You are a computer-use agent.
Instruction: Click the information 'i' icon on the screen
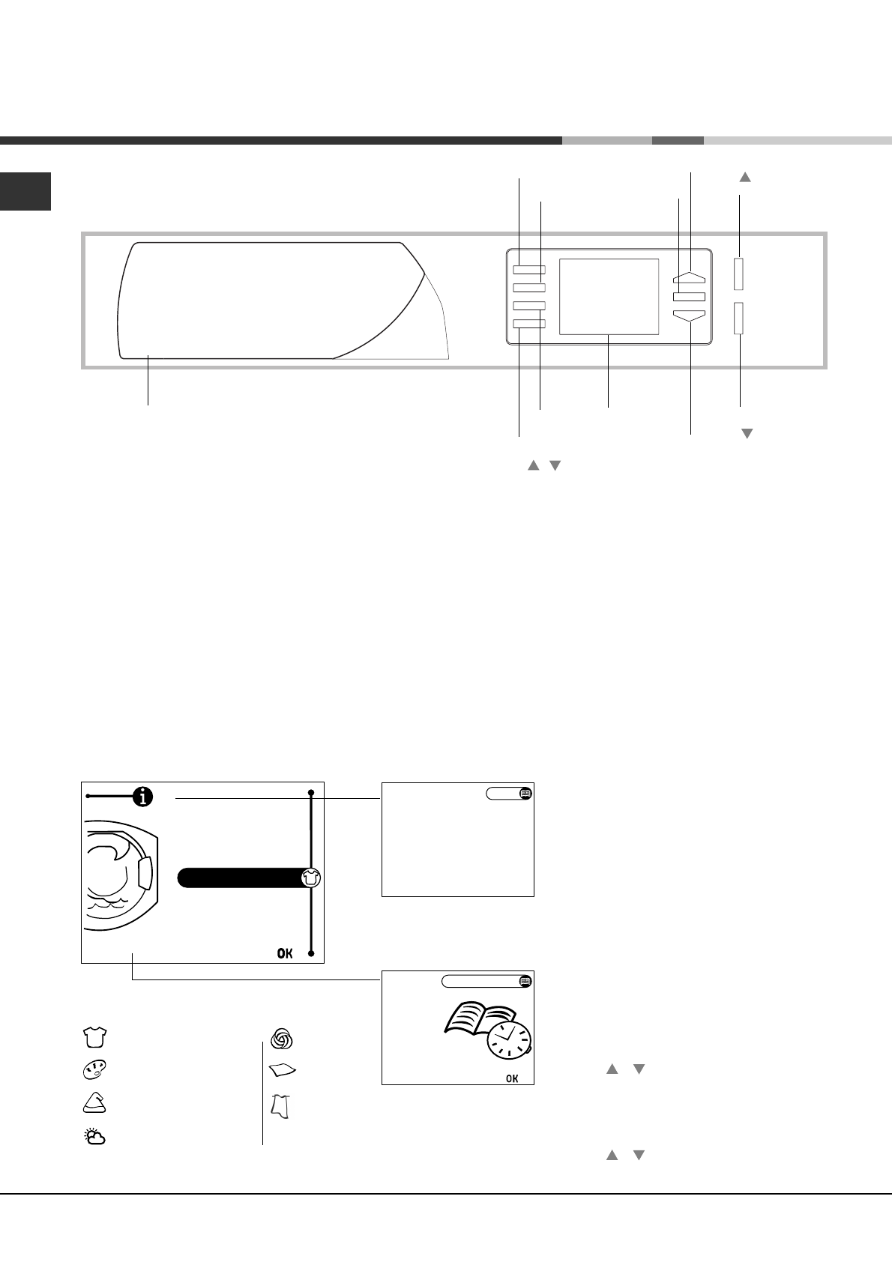coord(142,797)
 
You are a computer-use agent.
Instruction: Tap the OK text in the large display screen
coord(286,953)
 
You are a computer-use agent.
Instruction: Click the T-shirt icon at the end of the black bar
coord(311,878)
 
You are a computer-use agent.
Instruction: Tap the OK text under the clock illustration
coord(512,1078)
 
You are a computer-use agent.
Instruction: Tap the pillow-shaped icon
coord(282,1070)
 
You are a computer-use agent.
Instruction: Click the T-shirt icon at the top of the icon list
coord(94,1037)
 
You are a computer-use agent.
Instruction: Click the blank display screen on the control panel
coord(609,297)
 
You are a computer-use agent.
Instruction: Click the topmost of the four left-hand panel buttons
coord(529,270)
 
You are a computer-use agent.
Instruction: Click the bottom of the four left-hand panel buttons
coord(529,324)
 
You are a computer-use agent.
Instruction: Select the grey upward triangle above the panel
coord(745,178)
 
